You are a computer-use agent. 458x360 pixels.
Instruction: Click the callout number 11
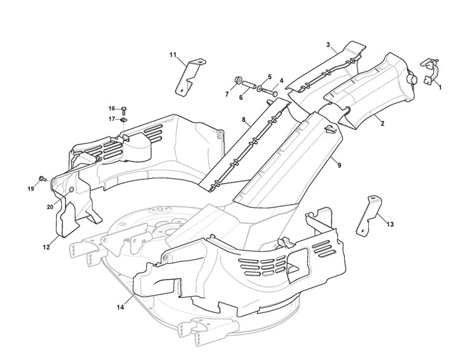tap(173, 55)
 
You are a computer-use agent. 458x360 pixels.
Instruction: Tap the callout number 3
tap(328, 45)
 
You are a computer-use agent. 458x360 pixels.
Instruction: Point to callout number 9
tap(339, 165)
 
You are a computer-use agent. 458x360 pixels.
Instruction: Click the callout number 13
tap(390, 224)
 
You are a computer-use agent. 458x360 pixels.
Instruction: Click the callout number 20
tap(50, 207)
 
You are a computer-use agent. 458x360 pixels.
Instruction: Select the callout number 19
tap(30, 188)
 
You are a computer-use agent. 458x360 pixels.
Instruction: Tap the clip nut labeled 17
tap(124, 119)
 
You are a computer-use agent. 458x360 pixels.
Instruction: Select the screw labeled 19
tap(42, 179)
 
